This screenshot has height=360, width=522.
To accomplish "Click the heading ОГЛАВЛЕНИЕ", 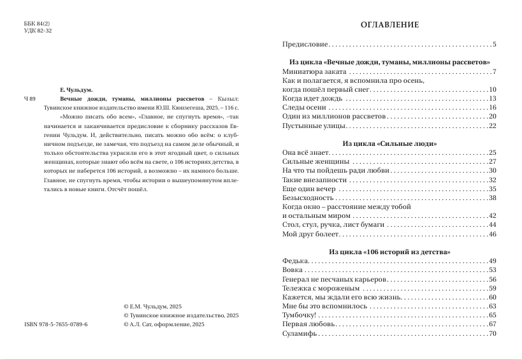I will pos(389,25).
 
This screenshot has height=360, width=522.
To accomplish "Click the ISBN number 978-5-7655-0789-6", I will pos(55,324).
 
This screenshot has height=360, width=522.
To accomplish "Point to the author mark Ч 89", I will pos(30,99).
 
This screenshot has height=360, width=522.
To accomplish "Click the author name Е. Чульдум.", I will pos(76,90).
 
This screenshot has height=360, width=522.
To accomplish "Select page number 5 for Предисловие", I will pos(494,45).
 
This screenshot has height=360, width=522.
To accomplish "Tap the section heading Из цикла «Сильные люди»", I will pos(389,144).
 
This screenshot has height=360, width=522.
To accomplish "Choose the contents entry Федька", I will pos(295,261).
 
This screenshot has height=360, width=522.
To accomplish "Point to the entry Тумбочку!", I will pos(299,315).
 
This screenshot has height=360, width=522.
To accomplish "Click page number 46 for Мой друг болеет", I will pos(492,234).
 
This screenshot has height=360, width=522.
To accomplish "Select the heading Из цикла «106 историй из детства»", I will pos(389,252).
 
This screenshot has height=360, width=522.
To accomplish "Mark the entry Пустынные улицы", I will pos(309,126).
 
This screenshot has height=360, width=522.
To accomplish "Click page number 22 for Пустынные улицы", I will pos(492,126).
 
